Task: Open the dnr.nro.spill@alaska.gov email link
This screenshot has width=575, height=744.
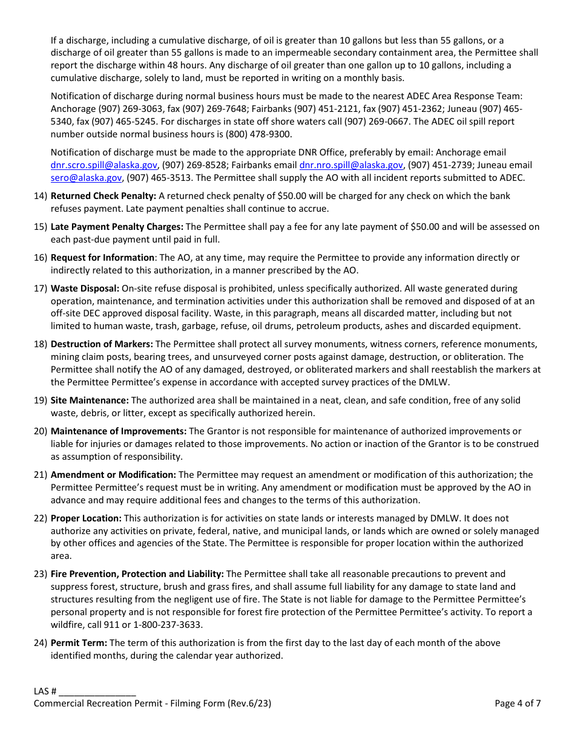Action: pos(351,165)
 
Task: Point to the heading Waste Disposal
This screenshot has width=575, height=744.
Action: pos(85,289)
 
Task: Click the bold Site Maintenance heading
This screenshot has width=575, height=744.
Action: pos(90,400)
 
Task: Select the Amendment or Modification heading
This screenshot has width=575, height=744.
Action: pos(113,475)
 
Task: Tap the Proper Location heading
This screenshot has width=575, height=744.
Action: pos(86,518)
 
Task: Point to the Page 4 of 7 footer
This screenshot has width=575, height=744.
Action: pos(517,703)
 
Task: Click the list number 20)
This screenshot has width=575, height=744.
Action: pos(41,431)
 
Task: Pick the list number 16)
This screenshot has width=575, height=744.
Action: pos(41,258)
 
